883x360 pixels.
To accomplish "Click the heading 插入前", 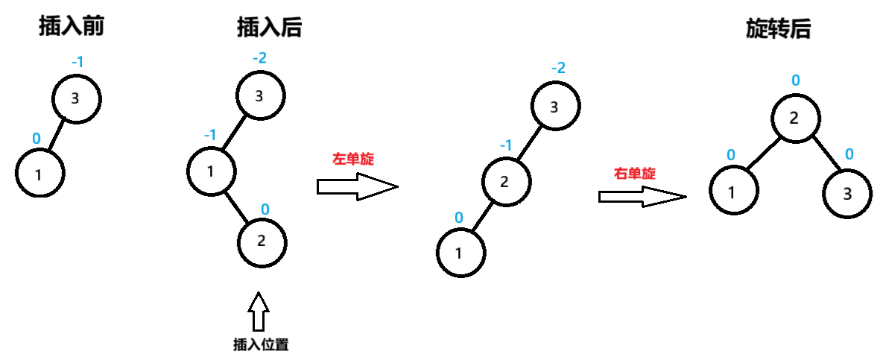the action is (x=72, y=28).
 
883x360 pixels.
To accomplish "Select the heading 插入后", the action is (x=269, y=28).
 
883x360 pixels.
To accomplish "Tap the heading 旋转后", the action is (x=778, y=29).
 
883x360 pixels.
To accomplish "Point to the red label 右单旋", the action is (x=634, y=174).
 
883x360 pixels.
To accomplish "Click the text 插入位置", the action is (x=260, y=344).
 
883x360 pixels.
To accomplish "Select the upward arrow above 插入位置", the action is (x=259, y=311).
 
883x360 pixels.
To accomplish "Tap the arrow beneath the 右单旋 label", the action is (x=642, y=197).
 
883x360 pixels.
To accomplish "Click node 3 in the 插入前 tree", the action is (x=76, y=98).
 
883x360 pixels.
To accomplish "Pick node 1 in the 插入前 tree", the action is (x=40, y=174).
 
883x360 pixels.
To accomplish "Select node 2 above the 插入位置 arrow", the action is (x=262, y=241).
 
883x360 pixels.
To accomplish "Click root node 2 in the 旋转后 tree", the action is (x=795, y=117).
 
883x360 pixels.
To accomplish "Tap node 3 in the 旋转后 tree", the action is (x=848, y=194).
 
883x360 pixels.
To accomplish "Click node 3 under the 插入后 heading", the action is (x=260, y=95).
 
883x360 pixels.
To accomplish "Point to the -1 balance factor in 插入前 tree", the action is (x=77, y=62).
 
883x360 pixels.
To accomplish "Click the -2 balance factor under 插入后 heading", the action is (x=260, y=57).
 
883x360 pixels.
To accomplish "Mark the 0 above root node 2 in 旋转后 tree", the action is (x=796, y=80).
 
